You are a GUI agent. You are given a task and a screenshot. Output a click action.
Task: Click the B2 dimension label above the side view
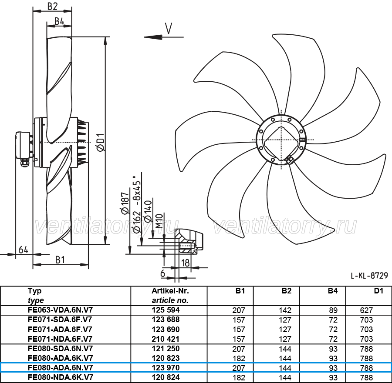53,7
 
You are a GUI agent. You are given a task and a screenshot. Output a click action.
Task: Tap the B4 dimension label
59,21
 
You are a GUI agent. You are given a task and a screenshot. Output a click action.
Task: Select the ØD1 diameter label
101,142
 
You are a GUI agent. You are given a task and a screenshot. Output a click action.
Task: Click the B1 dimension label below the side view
60,260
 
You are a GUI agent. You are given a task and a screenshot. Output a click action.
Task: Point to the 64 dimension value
23,250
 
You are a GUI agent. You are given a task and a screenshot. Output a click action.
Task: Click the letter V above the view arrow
169,28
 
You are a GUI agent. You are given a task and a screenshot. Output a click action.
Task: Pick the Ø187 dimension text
125,203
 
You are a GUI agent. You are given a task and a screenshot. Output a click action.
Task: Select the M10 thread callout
159,221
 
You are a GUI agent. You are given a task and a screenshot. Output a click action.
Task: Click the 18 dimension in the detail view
185,263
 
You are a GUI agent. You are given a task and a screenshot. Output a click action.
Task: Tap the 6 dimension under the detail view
163,273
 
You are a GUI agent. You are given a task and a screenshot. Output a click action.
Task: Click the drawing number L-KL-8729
369,276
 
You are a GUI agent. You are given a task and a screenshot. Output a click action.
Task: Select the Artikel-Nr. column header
170,291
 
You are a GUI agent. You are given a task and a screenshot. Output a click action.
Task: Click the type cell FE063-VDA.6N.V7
60,310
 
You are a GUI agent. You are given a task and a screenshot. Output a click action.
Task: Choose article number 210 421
166,339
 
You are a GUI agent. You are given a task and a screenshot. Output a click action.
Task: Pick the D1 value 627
366,310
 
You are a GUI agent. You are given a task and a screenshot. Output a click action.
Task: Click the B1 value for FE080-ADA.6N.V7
239,368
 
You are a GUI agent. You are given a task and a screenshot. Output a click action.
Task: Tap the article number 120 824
166,377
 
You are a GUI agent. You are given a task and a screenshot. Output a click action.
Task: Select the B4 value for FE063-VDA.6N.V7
333,310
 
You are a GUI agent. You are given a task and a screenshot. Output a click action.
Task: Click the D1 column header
378,291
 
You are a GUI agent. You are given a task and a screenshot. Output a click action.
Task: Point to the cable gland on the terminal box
25,163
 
